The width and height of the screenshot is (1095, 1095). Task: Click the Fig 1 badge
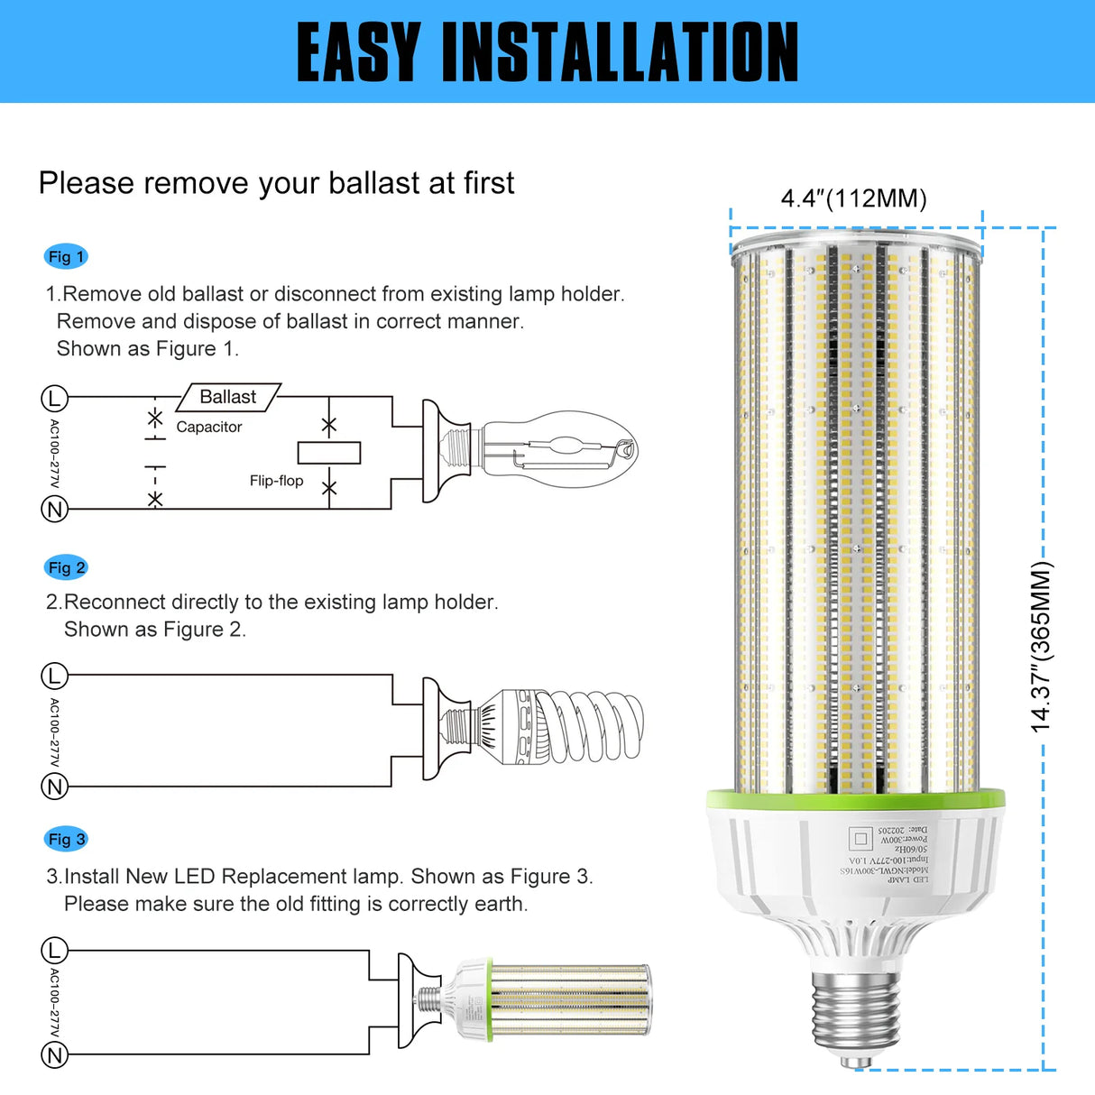(65, 257)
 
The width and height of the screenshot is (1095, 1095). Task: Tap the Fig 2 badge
(66, 567)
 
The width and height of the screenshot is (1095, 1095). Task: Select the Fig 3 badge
(66, 839)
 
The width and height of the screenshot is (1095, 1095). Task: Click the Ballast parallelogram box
(228, 397)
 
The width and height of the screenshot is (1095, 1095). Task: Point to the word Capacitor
(209, 427)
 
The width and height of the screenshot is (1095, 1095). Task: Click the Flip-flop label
(276, 481)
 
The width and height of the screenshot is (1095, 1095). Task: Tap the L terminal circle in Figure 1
(55, 398)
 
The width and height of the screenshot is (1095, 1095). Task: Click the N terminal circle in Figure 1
(55, 510)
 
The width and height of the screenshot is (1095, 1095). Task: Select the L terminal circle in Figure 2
(55, 676)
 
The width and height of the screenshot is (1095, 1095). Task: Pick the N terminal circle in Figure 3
(55, 1055)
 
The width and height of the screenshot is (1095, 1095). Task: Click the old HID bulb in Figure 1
(555, 448)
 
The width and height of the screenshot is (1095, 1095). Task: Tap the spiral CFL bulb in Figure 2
(568, 727)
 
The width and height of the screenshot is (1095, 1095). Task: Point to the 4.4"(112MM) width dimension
(853, 198)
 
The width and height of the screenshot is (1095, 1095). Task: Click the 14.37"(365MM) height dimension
(1041, 646)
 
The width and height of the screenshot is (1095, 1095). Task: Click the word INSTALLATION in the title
(620, 52)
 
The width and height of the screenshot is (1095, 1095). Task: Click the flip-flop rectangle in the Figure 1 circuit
(329, 453)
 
